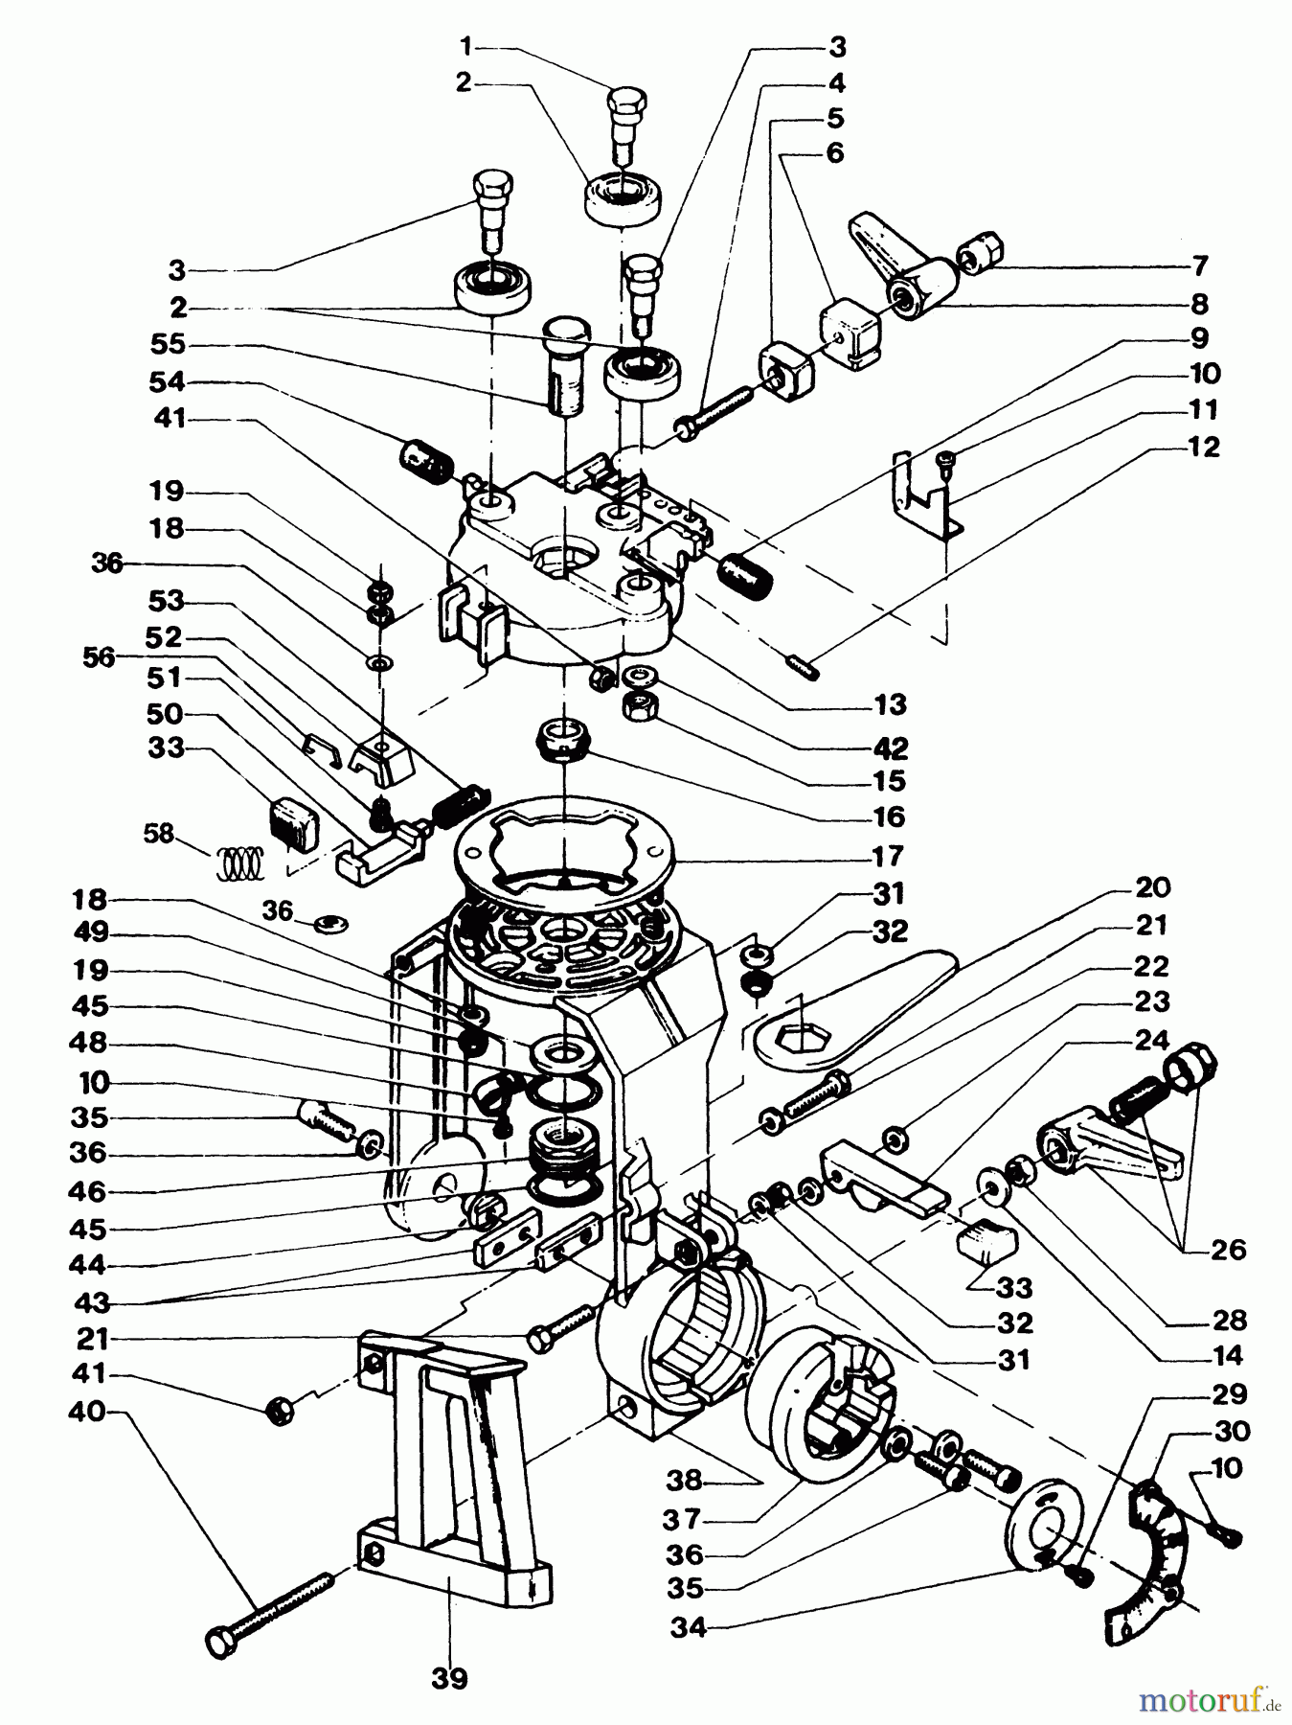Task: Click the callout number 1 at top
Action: tap(465, 45)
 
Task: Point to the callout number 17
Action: tap(889, 855)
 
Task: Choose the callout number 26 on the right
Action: tap(1228, 1251)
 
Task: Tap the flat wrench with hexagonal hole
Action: tap(843, 1011)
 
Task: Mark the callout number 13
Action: tap(890, 705)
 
